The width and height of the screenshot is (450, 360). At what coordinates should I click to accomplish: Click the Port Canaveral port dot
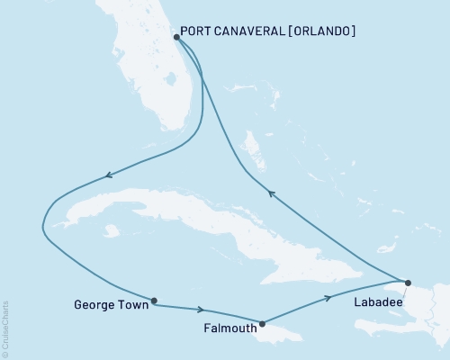(176, 38)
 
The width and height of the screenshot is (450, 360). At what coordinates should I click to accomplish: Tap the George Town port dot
(155, 301)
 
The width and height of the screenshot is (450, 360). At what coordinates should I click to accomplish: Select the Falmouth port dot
(262, 323)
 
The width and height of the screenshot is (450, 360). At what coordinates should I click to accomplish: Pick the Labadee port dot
(408, 283)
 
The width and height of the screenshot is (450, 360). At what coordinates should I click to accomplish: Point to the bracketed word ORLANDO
(321, 31)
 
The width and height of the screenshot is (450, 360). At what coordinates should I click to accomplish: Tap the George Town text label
(106, 304)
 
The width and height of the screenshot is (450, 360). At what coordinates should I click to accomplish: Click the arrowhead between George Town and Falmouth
(200, 310)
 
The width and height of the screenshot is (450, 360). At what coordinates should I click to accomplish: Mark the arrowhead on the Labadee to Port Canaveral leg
(269, 191)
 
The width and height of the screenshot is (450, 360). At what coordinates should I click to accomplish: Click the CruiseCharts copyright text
(6, 328)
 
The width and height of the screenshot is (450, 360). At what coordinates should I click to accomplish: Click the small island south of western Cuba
(111, 231)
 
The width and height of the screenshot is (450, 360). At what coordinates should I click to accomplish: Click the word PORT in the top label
(194, 31)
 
